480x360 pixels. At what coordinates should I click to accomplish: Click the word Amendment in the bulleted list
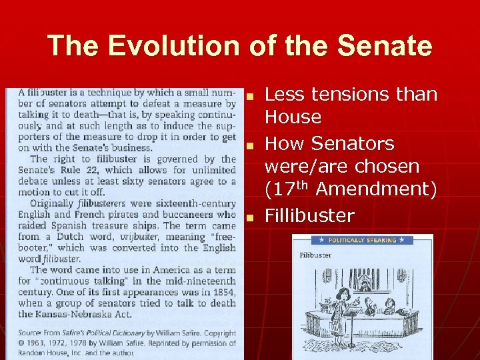point(376,189)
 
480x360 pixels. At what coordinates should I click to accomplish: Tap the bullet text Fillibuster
point(309,215)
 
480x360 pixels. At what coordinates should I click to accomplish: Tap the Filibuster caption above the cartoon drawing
point(315,255)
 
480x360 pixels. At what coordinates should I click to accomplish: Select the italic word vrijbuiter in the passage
point(139,237)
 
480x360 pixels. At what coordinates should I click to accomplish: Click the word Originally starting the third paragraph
point(52,203)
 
